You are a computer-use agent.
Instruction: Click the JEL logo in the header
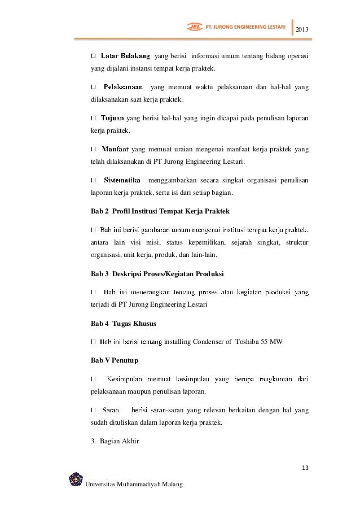point(194,26)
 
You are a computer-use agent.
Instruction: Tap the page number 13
point(306,468)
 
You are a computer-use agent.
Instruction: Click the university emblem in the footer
point(75,481)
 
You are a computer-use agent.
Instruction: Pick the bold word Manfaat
point(116,150)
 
